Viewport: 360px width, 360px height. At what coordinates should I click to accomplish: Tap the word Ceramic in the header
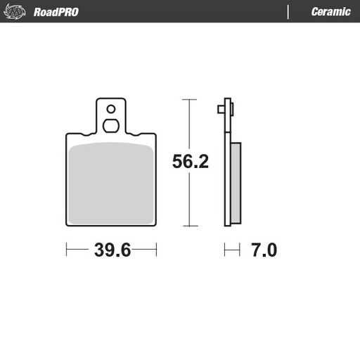(330, 12)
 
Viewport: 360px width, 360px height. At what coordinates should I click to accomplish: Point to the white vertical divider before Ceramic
(289, 12)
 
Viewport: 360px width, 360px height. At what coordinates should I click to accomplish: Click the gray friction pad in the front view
(111, 183)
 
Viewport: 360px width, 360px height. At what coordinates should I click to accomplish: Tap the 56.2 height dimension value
(191, 162)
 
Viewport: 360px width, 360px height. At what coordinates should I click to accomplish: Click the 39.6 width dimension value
(112, 250)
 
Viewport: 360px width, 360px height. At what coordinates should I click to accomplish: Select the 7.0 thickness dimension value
(264, 250)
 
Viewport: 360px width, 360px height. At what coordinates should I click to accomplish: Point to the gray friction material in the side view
(236, 183)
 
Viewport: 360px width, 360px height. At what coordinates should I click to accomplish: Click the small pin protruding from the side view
(220, 109)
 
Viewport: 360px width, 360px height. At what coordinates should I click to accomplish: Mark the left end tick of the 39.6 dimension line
(67, 250)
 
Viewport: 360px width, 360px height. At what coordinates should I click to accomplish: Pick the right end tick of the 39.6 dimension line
(156, 250)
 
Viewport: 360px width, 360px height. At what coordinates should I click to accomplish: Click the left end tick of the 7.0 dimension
(225, 250)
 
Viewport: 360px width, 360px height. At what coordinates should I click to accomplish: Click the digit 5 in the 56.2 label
(178, 162)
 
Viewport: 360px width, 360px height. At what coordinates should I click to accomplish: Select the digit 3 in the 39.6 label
(99, 250)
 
